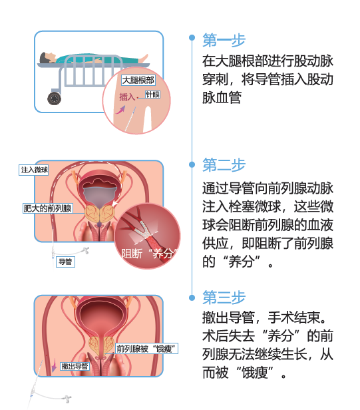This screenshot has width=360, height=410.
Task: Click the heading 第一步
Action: pos(224,40)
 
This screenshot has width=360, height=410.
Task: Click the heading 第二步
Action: pos(224,165)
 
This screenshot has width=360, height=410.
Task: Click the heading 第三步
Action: pos(224,298)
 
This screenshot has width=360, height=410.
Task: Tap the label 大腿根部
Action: pos(138,81)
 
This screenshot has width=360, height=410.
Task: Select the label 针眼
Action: pos(152,95)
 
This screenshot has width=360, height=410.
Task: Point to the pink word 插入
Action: pos(127,97)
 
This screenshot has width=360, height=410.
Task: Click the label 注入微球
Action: pos(34,170)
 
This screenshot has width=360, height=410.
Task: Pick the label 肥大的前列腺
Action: pos(47,208)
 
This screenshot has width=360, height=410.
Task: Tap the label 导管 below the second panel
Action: pos(65,262)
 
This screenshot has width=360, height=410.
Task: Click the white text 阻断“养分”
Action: pos(149,254)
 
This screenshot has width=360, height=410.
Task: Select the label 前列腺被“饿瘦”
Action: pos(146,349)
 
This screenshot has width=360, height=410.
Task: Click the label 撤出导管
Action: pos(75,366)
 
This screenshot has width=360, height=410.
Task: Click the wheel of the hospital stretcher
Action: pos(55,99)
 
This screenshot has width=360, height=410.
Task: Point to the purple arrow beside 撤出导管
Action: pos(54,365)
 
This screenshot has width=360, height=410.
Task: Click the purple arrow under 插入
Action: pos(120,110)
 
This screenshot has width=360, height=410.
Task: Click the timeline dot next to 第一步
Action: pos(192,38)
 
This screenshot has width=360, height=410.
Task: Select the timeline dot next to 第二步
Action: pos(192,164)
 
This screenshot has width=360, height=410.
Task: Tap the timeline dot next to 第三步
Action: pos(192,298)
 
